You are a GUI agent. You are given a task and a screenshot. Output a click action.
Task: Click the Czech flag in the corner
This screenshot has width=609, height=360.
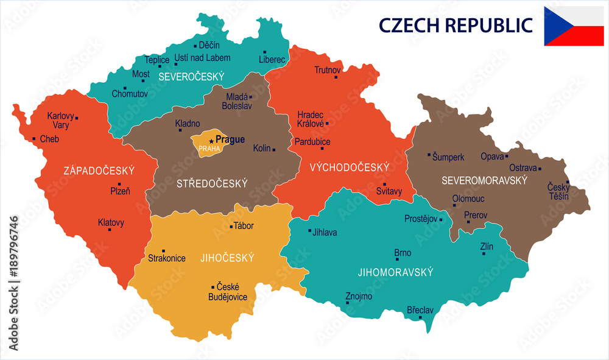coord(574,26)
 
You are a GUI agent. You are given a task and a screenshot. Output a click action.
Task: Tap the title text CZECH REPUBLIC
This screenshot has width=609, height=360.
coord(456,26)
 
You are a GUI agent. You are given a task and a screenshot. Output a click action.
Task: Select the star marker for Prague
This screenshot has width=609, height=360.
coord(212,141)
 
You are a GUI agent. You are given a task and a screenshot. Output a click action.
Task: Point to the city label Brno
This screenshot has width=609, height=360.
coord(403,253)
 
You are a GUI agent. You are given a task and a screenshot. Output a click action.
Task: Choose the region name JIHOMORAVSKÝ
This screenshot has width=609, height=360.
coord(395,272)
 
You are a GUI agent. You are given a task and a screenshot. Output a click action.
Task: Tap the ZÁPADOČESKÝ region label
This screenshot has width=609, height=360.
coord(99,171)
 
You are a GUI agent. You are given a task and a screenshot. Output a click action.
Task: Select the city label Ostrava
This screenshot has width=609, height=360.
coord(523,168)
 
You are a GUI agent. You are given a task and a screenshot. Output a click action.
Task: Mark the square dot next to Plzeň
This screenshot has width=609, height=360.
coord(119,184)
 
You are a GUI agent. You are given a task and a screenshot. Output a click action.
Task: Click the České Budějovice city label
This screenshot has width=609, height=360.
coord(228,292)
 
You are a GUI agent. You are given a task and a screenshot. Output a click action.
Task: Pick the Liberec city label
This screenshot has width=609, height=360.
coord(272,60)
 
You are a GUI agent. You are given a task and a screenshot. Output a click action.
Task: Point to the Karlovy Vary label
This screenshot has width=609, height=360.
coord(60,120)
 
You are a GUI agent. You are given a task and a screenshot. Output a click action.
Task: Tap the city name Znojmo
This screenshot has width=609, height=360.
coord(359,296)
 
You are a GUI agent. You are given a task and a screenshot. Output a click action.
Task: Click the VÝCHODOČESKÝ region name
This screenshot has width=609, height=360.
coord(349,167)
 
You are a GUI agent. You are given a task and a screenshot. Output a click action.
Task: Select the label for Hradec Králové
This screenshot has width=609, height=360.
coord(311,119)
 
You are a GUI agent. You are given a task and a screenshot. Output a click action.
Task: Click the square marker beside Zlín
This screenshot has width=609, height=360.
coord(484,253)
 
